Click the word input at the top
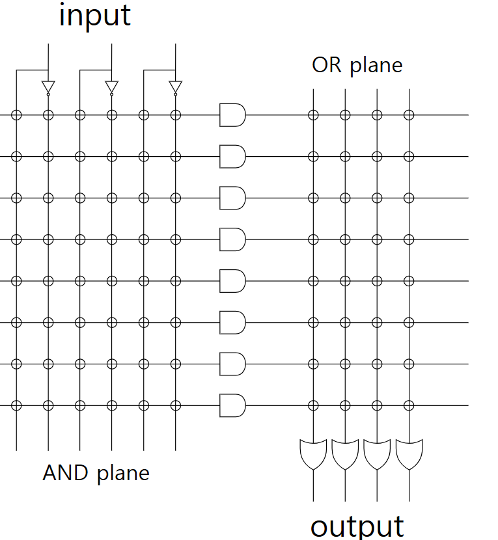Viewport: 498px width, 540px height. (95, 16)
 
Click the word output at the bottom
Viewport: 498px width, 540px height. (357, 526)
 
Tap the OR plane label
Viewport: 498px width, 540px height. (357, 65)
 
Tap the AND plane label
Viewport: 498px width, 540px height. (96, 472)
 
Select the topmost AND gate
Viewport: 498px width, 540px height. (232, 115)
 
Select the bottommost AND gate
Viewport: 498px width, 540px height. (232, 405)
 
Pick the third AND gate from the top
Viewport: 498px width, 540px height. (232, 198)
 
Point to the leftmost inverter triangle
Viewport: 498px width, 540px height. (48, 87)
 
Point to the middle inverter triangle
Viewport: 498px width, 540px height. (112, 87)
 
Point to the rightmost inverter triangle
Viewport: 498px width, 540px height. (175, 87)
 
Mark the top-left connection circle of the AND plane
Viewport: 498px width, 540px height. (16, 115)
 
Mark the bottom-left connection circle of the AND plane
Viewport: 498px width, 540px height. (16, 405)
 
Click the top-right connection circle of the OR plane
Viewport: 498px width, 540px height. (409, 115)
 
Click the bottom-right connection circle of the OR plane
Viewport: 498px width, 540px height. (409, 405)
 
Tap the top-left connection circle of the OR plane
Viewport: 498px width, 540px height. (313, 115)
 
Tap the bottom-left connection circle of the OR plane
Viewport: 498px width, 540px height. (313, 405)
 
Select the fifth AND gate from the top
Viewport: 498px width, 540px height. (232, 281)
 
